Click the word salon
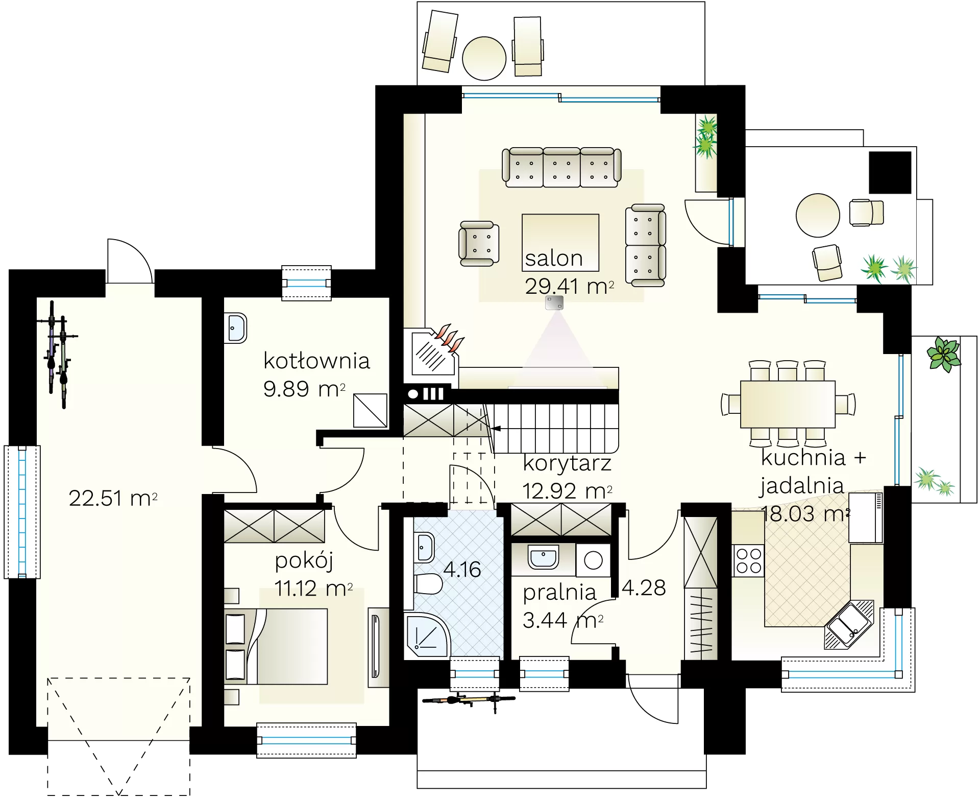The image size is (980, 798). (554, 259)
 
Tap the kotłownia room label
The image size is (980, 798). (316, 361)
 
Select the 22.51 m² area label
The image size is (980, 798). (113, 498)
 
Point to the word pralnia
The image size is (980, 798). (559, 593)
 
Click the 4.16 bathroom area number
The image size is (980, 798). (462, 570)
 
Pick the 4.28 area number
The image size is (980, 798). (644, 588)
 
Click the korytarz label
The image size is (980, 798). (567, 463)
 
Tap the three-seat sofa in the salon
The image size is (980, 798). (561, 168)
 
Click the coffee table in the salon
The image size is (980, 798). (560, 242)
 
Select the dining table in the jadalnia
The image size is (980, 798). (788, 404)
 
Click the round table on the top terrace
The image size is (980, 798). (484, 58)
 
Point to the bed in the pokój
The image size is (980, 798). (276, 646)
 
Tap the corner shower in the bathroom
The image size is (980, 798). (427, 635)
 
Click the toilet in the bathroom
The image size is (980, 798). (428, 584)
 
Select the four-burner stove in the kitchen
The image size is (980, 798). (749, 560)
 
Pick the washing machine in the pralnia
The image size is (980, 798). (593, 560)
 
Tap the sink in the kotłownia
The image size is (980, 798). (235, 327)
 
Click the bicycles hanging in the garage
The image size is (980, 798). (57, 355)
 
